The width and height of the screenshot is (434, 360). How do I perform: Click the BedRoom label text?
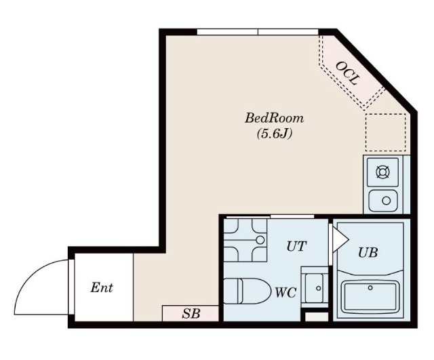click(x=274, y=118)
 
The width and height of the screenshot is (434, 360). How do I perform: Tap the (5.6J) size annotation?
click(x=274, y=134)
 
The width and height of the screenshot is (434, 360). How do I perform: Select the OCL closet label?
click(x=347, y=73)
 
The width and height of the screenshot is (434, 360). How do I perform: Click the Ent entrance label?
click(x=102, y=287)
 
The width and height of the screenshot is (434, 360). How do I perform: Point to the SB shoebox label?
click(x=191, y=313)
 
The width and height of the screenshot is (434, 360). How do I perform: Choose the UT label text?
click(x=296, y=246)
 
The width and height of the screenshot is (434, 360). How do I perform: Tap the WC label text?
click(x=285, y=292)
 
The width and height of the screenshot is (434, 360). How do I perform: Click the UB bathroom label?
click(x=368, y=252)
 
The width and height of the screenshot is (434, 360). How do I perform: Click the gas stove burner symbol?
click(x=382, y=172)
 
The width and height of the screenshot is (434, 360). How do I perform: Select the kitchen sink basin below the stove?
click(x=384, y=201)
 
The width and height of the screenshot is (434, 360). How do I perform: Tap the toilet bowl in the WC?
click(x=247, y=291)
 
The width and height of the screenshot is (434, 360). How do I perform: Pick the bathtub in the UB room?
click(x=370, y=296)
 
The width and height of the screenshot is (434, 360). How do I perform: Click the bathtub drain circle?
click(x=370, y=287)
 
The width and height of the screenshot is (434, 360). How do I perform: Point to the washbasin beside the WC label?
click(x=315, y=288)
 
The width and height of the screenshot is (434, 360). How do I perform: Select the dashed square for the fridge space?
click(x=386, y=133)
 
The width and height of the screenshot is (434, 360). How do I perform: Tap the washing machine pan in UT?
click(x=245, y=240)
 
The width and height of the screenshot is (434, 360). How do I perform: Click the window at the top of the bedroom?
click(x=258, y=32)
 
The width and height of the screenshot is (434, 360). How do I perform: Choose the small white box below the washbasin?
click(x=317, y=317)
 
